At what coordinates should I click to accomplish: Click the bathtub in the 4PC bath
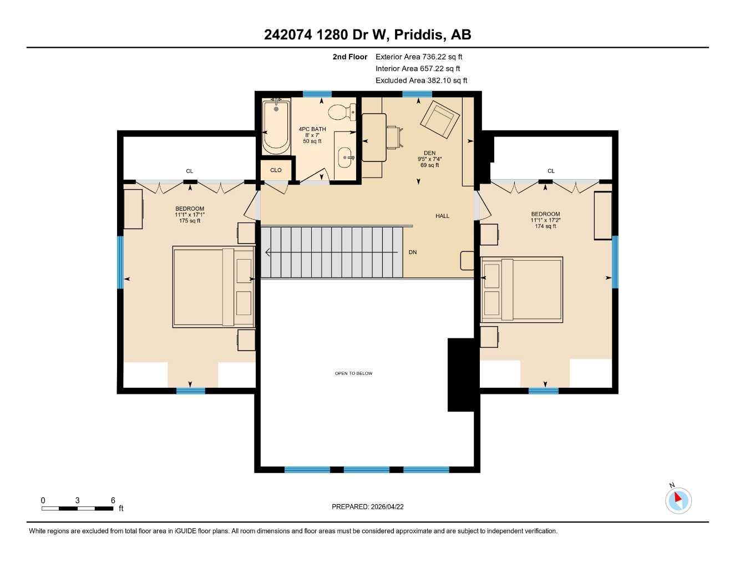click(276, 128)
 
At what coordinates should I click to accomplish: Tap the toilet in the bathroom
click(340, 113)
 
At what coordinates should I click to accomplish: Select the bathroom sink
click(346, 158)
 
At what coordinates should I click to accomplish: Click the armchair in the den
click(440, 119)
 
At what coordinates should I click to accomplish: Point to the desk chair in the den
click(394, 137)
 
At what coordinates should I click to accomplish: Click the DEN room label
click(429, 153)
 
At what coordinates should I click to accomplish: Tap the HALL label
click(442, 216)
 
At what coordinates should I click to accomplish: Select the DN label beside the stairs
click(412, 252)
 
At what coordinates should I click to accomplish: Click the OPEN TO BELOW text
click(353, 373)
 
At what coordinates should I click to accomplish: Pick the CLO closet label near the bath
click(276, 170)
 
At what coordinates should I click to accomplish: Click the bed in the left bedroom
click(214, 287)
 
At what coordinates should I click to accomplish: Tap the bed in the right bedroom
click(521, 290)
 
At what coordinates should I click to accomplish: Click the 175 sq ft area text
click(190, 221)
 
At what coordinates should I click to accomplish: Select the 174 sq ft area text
click(545, 226)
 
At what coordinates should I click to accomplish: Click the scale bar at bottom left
click(77, 508)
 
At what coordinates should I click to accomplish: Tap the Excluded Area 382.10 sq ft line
click(421, 80)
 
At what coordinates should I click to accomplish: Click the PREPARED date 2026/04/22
click(367, 506)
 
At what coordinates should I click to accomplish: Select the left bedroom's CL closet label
click(190, 171)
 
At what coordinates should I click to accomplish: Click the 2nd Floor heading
click(349, 57)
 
